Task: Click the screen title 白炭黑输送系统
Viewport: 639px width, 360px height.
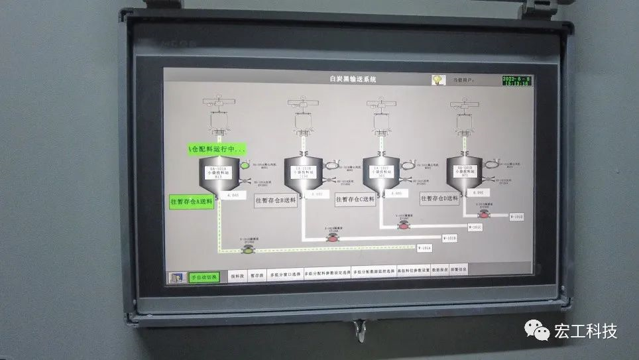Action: click(x=353, y=79)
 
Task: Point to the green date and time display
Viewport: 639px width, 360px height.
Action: click(x=516, y=81)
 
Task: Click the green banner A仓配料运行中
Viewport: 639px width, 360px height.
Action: click(x=216, y=149)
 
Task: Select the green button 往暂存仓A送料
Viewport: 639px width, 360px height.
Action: click(x=192, y=202)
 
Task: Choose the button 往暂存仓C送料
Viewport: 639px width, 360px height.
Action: click(x=355, y=199)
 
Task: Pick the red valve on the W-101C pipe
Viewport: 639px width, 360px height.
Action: click(x=403, y=226)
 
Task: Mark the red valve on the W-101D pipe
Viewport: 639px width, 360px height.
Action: click(x=485, y=215)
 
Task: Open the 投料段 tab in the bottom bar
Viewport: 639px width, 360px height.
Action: click(x=237, y=273)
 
